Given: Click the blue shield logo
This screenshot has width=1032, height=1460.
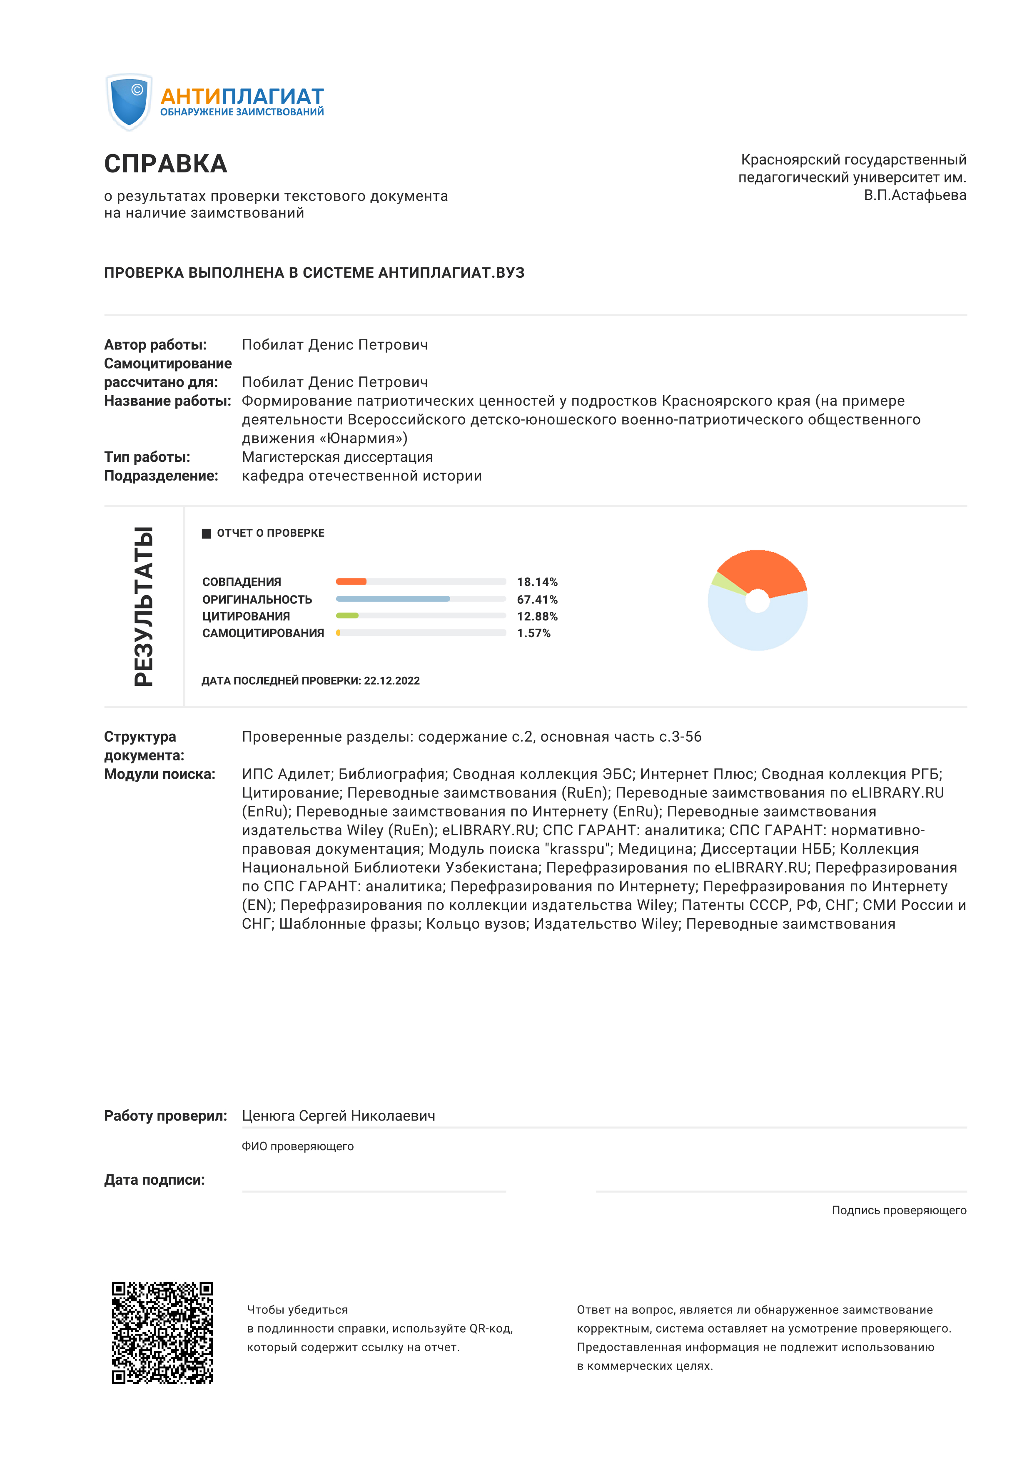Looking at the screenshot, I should tap(129, 102).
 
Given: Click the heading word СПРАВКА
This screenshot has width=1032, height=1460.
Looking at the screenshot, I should tap(165, 164).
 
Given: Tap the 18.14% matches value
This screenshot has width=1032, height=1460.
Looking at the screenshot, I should tap(537, 582).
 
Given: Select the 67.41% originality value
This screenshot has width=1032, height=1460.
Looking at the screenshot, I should tap(537, 600).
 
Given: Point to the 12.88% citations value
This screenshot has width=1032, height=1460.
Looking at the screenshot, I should tap(537, 616).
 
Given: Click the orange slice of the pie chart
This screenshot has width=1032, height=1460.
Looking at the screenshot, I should tap(763, 571).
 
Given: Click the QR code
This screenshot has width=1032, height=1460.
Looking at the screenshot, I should tap(163, 1332).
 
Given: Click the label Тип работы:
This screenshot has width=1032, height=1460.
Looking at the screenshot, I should tap(147, 457).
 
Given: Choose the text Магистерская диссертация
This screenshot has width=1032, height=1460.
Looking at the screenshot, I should tap(337, 457).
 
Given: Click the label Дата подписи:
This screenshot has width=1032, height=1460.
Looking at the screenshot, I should tap(155, 1180).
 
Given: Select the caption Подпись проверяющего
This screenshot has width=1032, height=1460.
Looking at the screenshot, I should tap(898, 1211).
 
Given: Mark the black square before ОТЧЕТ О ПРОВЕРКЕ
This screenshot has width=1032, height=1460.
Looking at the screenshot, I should tap(206, 533).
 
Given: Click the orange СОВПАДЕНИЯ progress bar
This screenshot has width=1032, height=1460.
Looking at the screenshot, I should tap(351, 581).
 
